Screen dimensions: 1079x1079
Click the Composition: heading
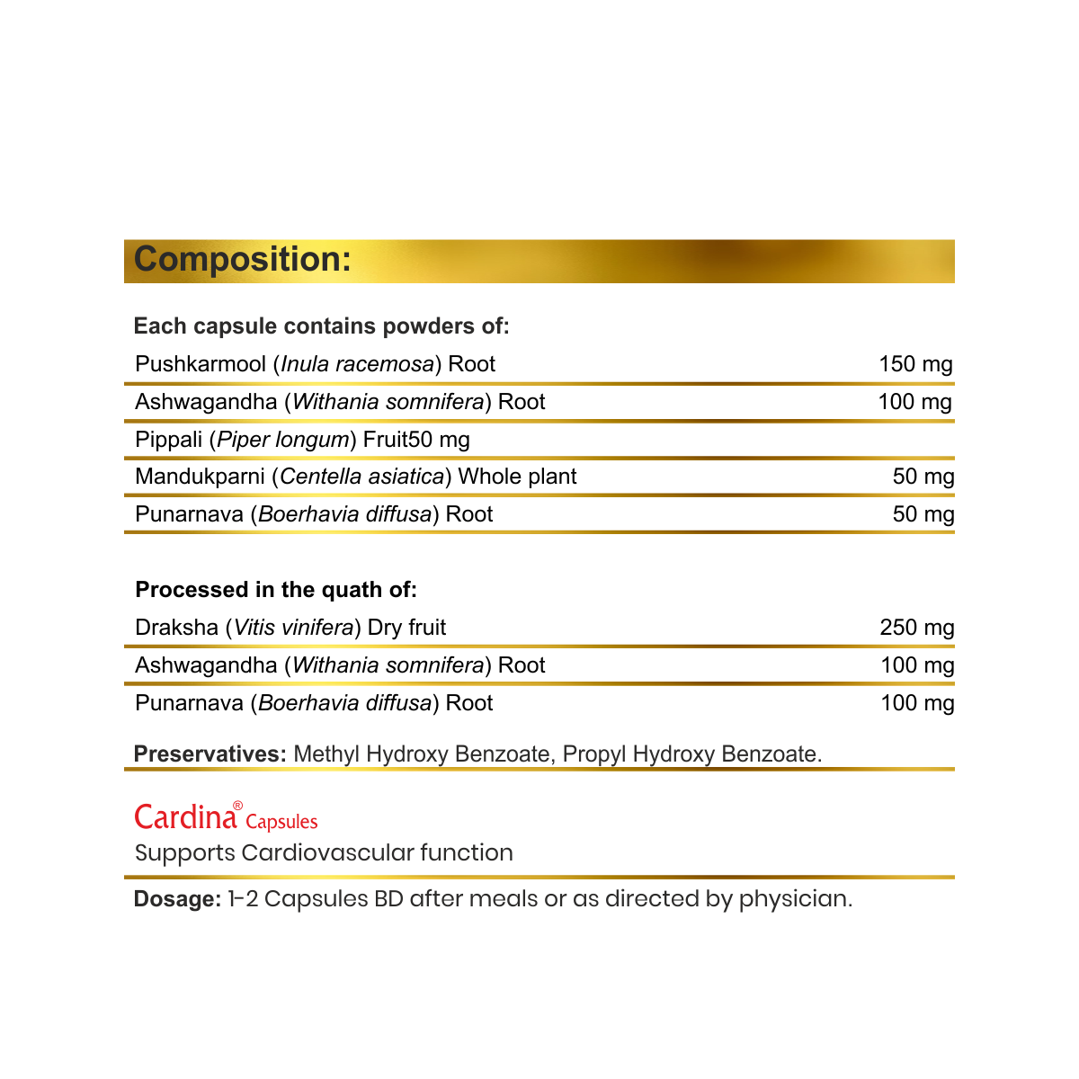tap(242, 260)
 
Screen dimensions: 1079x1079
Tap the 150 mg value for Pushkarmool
tap(915, 364)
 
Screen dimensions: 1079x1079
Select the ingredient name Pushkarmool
tap(201, 364)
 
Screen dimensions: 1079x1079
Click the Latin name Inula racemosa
tap(358, 364)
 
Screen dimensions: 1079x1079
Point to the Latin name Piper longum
tap(283, 440)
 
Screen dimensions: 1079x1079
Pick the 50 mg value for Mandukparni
tap(923, 477)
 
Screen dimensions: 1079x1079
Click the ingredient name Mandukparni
tap(200, 477)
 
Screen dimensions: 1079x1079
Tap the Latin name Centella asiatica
tap(362, 477)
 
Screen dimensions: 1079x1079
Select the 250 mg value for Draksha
tap(916, 628)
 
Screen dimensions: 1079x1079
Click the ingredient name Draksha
tap(176, 628)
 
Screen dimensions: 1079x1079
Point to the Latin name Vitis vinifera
tap(293, 628)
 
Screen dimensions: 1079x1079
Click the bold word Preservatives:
tap(210, 754)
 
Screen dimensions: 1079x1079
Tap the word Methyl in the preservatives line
tap(326, 754)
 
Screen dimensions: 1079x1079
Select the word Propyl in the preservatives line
tap(594, 754)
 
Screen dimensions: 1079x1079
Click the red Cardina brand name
tap(186, 816)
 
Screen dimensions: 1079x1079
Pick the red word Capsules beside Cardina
tap(281, 822)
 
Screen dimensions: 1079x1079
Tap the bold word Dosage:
tap(177, 899)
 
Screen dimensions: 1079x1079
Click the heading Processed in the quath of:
tap(276, 590)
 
